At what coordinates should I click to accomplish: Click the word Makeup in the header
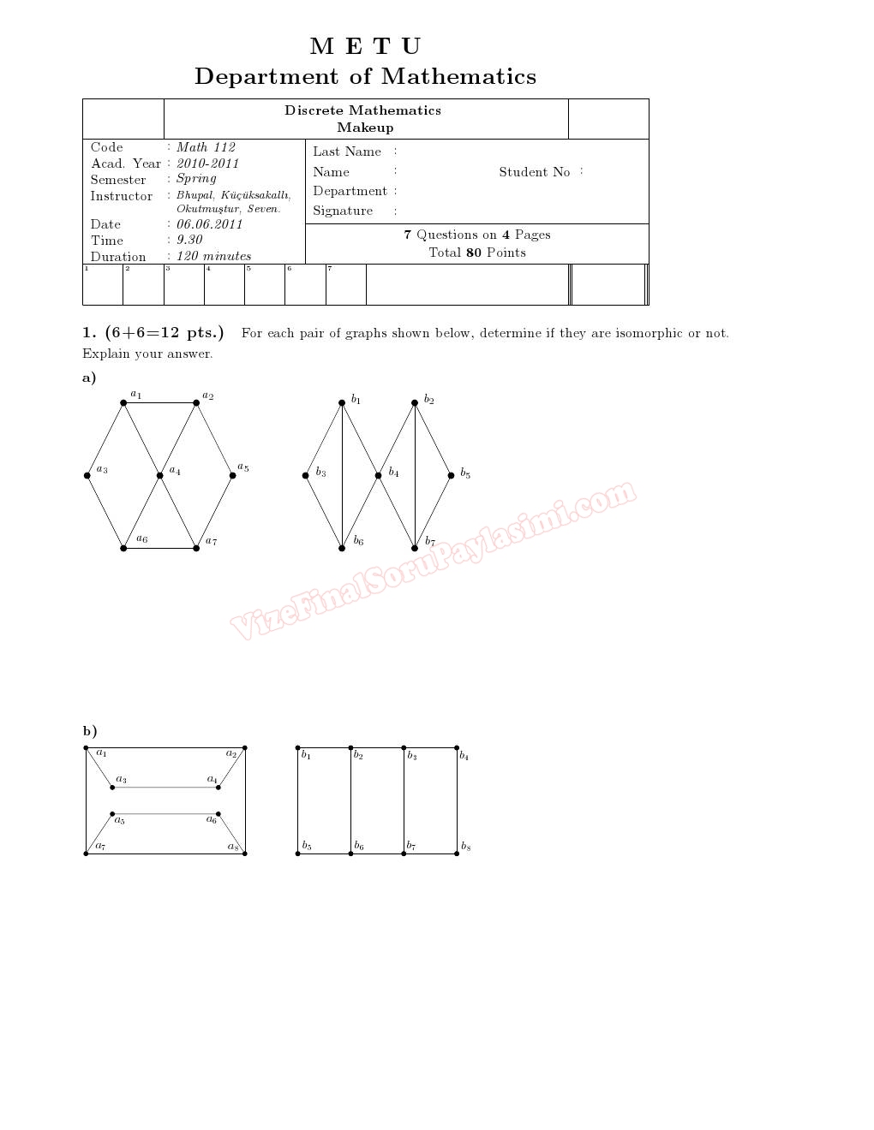coord(365,128)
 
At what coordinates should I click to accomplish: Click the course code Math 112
coord(206,147)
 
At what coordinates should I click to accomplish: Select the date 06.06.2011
coord(209,224)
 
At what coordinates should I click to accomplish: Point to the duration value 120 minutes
coord(213,256)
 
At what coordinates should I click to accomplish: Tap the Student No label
coord(534,172)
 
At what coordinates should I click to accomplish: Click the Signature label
coord(343,211)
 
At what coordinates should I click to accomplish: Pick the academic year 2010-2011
coord(207,164)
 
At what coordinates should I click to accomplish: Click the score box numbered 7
coord(345,284)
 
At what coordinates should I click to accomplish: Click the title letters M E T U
coord(365,46)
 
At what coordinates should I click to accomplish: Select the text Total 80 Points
coord(477,253)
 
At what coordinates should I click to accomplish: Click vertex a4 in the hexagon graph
coord(160,475)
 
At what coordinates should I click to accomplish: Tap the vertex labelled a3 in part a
coord(87,475)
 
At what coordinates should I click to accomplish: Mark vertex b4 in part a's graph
coord(378,475)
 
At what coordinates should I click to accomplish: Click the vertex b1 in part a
coord(342,402)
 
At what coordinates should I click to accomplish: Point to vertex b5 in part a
coord(451,475)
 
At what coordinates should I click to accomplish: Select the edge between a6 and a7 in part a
coord(160,548)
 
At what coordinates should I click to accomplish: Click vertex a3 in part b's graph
coord(112,787)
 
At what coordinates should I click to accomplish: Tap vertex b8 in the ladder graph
coord(457,853)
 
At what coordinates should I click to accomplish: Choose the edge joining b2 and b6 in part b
coord(350,800)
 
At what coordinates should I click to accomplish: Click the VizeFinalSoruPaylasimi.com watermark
coord(433,561)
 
